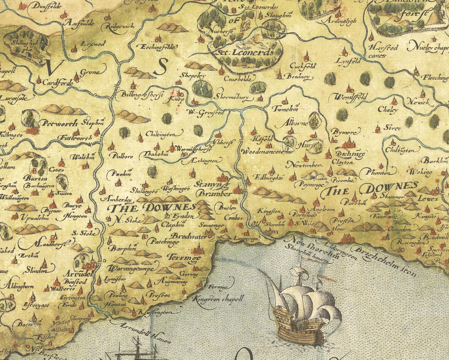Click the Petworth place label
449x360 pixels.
pos(60,123)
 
